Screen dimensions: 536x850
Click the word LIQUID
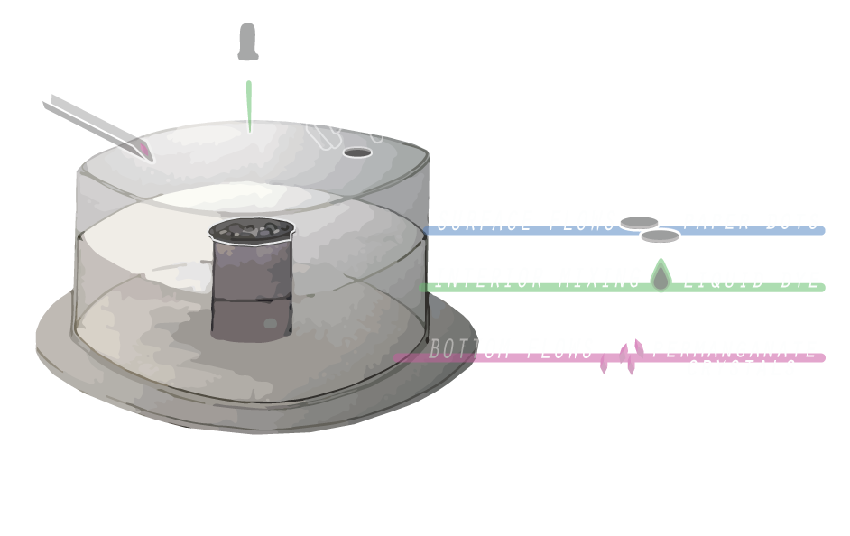pyautogui.click(x=721, y=279)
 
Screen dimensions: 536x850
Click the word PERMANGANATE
pyautogui.click(x=735, y=349)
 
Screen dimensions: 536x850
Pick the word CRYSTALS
pyautogui.click(x=742, y=367)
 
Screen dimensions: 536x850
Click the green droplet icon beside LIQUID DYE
pyautogui.click(x=661, y=277)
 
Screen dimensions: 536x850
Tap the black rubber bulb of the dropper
pyautogui.click(x=246, y=42)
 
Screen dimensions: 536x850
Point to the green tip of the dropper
pyautogui.click(x=249, y=108)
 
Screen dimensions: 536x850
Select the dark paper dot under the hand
pyautogui.click(x=358, y=152)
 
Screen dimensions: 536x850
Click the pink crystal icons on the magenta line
pyautogui.click(x=624, y=356)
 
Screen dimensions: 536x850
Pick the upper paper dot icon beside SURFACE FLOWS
pyautogui.click(x=640, y=221)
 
